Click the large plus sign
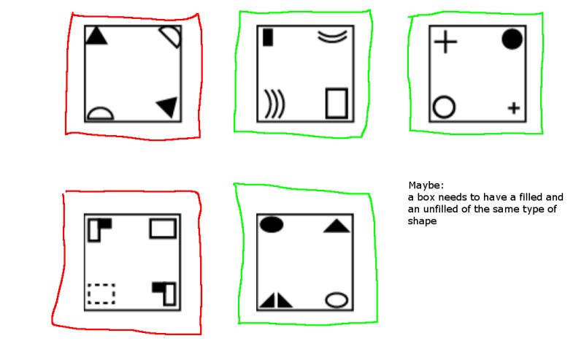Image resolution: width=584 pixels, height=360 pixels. (445, 41)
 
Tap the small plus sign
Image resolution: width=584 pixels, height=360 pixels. (514, 108)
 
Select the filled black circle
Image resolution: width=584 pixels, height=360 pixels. (512, 39)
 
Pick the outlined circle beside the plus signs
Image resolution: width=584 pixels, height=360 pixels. (444, 107)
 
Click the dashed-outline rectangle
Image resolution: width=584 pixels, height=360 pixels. (101, 293)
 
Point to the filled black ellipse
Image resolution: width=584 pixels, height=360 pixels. (271, 225)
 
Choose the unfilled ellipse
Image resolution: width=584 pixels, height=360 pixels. (337, 299)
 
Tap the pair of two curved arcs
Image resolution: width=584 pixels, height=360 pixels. (332, 37)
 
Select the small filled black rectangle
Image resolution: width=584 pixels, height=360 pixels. (268, 37)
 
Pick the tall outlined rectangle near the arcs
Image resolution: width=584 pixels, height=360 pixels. (337, 103)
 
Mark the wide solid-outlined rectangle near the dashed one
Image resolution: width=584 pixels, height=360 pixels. (163, 229)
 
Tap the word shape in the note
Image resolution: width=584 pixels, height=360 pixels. (422, 221)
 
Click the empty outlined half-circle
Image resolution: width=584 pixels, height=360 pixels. (101, 113)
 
